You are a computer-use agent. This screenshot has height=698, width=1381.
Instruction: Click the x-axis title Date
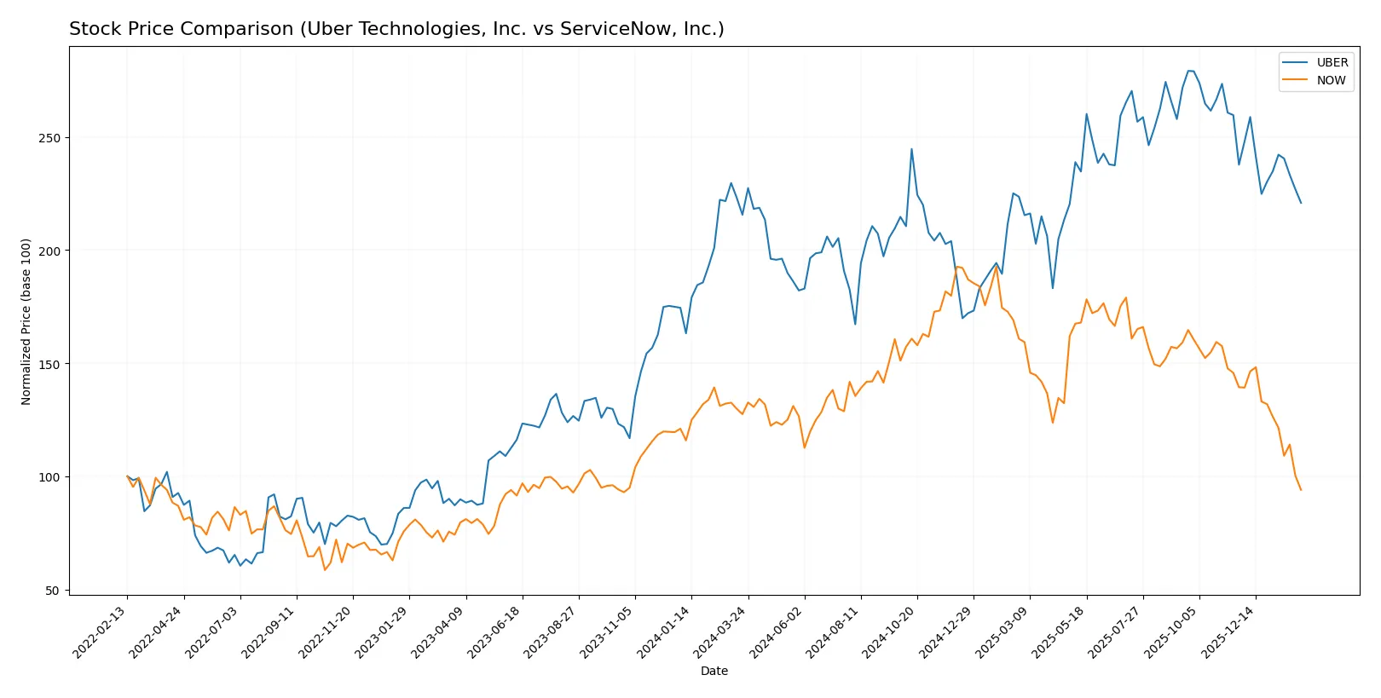(714, 671)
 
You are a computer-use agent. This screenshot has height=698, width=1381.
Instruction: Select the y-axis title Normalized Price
(26, 321)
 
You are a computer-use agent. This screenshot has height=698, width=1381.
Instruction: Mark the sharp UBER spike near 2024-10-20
(911, 149)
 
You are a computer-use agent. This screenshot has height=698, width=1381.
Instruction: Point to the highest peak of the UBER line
(1190, 71)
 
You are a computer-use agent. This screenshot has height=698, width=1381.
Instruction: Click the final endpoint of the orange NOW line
(1301, 490)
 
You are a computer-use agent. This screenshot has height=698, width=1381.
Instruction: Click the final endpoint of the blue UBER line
(1301, 203)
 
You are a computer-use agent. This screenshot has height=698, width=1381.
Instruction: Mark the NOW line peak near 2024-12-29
(956, 267)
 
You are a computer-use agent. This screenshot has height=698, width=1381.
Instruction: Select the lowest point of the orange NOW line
(325, 570)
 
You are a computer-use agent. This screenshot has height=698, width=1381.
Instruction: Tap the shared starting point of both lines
(127, 476)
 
